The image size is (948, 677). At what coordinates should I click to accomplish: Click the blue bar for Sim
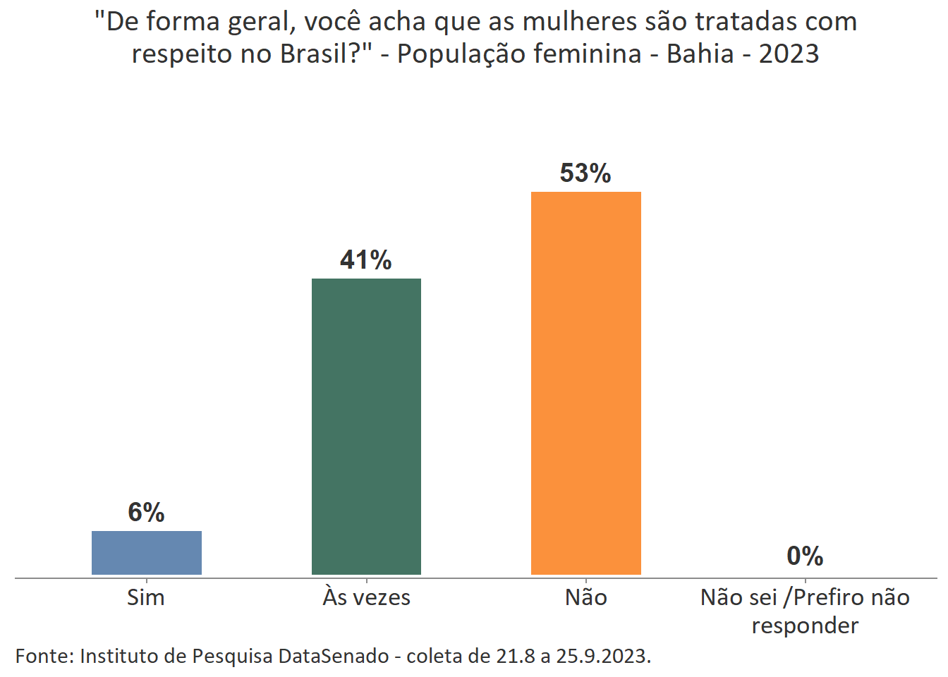click(147, 553)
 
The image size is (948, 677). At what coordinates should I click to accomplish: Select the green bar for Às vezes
click(366, 427)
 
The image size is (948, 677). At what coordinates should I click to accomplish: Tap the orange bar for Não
click(586, 383)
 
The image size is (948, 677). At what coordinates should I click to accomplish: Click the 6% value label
click(146, 513)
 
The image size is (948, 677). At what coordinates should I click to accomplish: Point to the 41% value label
click(366, 260)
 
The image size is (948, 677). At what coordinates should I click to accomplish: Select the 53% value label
click(585, 173)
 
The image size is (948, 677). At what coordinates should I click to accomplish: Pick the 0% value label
click(805, 556)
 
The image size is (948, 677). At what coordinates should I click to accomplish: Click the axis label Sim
click(146, 598)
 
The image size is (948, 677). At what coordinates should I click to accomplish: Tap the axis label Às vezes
click(367, 598)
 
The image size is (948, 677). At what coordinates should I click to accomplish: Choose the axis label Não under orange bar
click(586, 598)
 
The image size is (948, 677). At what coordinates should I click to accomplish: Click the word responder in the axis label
click(805, 626)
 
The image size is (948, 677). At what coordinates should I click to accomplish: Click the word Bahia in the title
click(700, 54)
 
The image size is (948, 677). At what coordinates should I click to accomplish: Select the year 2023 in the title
click(789, 54)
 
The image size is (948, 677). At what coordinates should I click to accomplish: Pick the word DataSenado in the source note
click(334, 657)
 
